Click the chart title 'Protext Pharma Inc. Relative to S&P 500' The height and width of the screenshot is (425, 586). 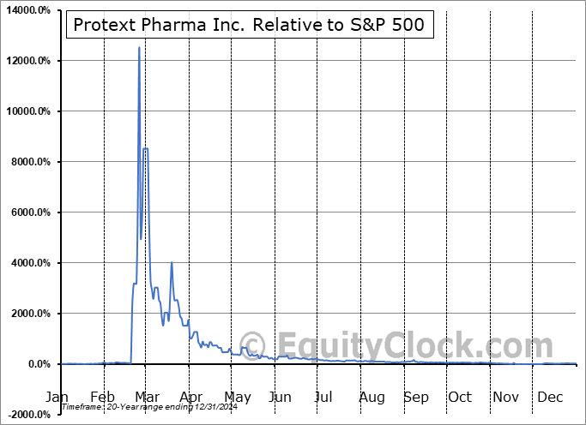pyautogui.click(x=248, y=25)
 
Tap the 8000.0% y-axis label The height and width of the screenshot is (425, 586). pyautogui.click(x=29, y=162)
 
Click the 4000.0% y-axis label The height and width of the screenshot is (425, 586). pyautogui.click(x=29, y=263)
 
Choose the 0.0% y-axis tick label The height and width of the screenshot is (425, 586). pyautogui.click(x=39, y=364)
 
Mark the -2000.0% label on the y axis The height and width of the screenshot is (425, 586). pyautogui.click(x=29, y=415)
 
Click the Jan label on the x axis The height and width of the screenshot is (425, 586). pyautogui.click(x=57, y=397)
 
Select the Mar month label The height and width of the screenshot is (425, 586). pyautogui.click(x=147, y=397)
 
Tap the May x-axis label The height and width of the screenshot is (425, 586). pyautogui.click(x=237, y=397)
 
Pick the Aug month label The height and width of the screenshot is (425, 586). pyautogui.click(x=372, y=397)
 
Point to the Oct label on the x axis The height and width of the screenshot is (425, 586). pyautogui.click(x=460, y=397)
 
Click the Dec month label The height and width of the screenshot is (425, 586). pyautogui.click(x=549, y=397)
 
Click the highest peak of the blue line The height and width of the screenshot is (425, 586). pyautogui.click(x=139, y=48)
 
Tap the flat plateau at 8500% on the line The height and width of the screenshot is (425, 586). pyautogui.click(x=146, y=149)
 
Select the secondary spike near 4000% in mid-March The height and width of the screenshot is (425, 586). pyautogui.click(x=172, y=263)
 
